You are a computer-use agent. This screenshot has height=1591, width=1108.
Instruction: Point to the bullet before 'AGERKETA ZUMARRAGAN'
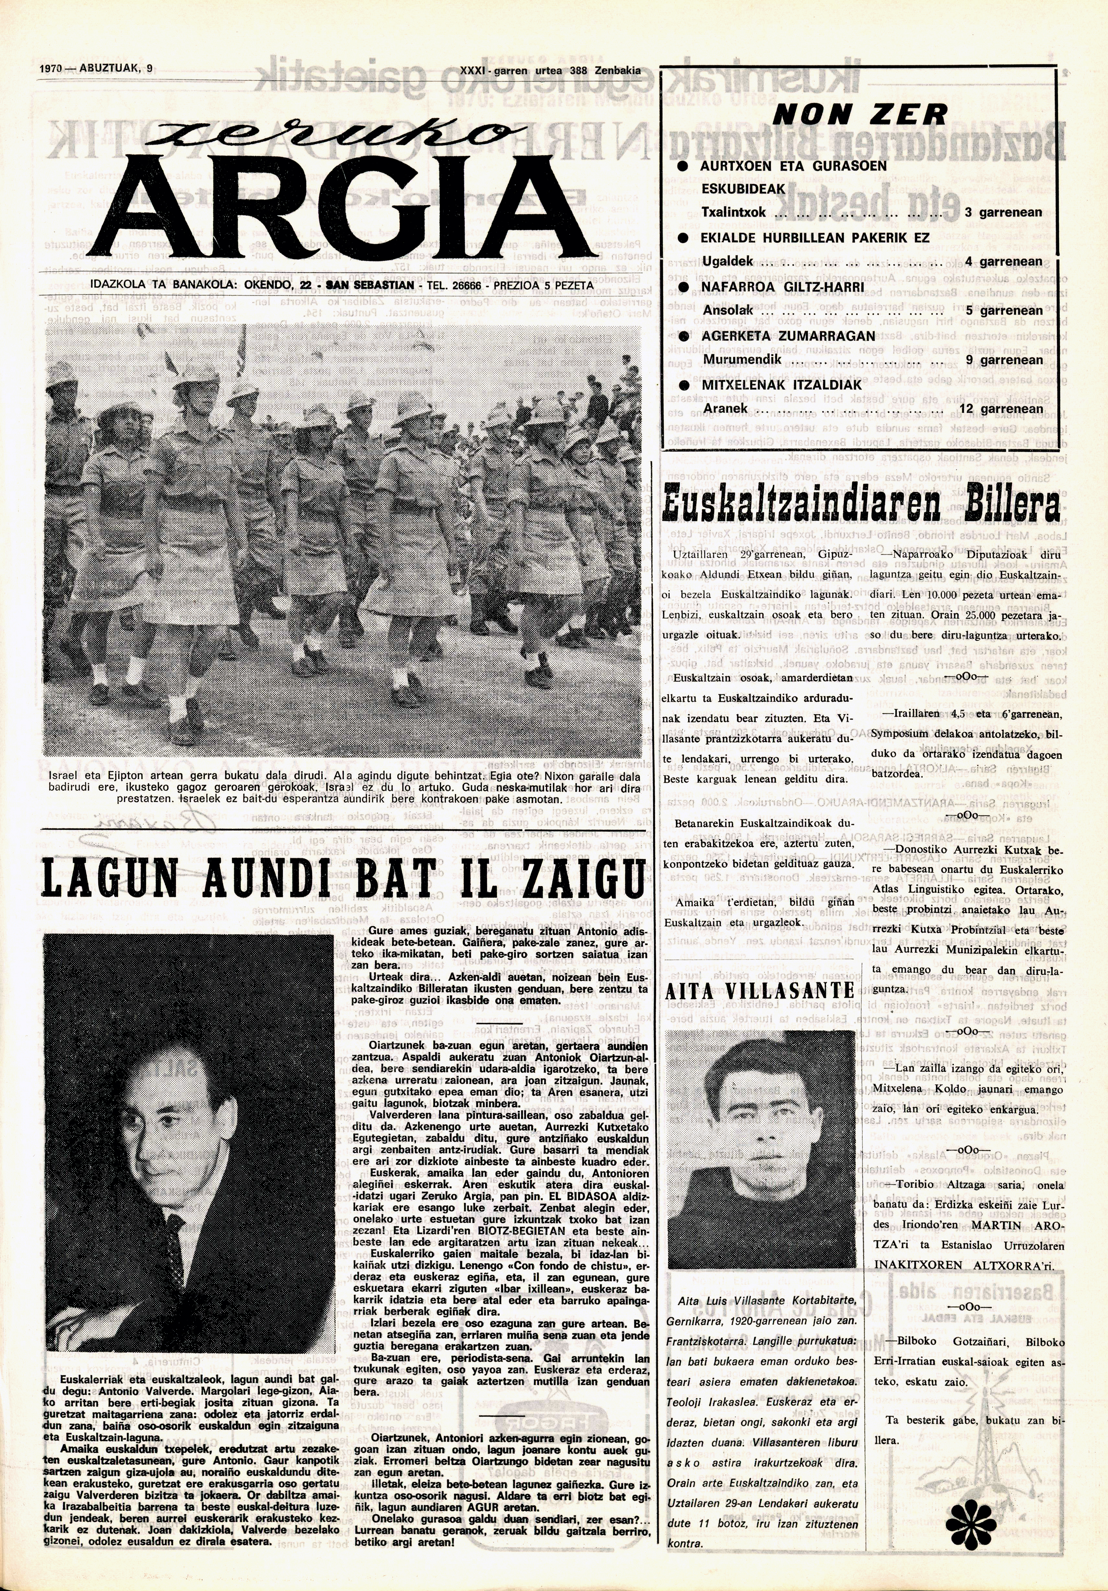[683, 335]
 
